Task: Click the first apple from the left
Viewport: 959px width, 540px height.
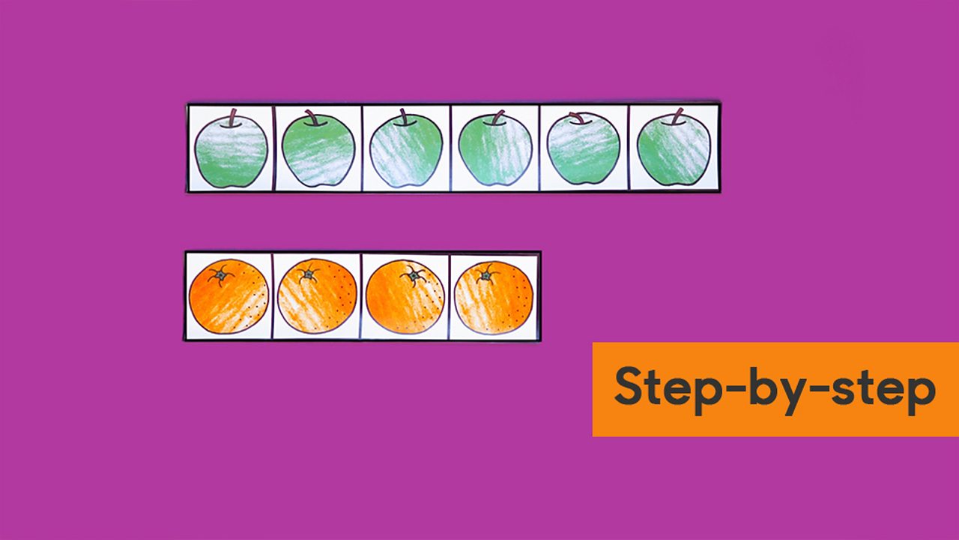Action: [231, 152]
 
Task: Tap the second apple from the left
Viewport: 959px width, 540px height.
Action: [318, 152]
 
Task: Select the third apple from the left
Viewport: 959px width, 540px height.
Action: [405, 152]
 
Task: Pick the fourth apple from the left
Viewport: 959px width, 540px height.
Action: [494, 152]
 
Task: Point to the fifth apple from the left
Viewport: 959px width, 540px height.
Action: [584, 152]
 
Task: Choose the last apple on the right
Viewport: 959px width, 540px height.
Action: [674, 152]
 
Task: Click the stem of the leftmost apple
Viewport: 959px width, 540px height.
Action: [234, 117]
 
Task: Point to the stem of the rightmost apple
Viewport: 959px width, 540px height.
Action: [677, 116]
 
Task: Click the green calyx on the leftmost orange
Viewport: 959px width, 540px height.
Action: [221, 276]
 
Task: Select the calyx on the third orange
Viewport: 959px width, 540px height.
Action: [413, 277]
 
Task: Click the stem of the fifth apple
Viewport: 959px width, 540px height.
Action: [578, 117]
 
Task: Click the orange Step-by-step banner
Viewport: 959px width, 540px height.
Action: [775, 389]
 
